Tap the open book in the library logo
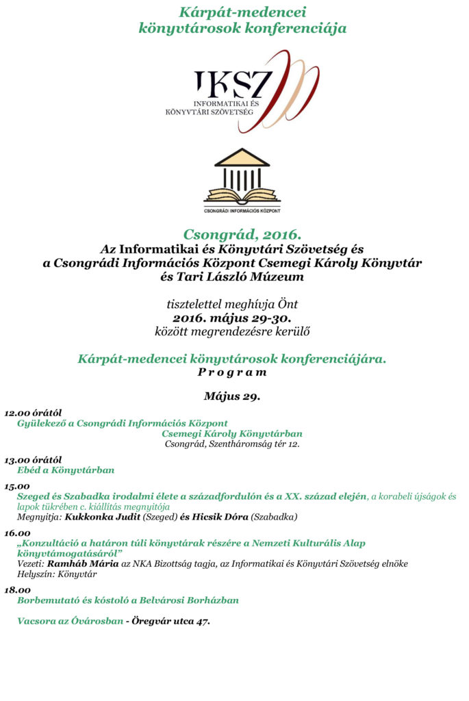pyautogui.click(x=242, y=196)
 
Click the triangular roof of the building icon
pyautogui.click(x=242, y=158)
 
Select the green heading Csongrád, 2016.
pyautogui.click(x=232, y=234)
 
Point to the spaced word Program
pyautogui.click(x=232, y=372)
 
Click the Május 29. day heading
pyautogui.click(x=232, y=396)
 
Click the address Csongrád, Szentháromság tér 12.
pyautogui.click(x=232, y=444)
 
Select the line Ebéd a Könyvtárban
pyautogui.click(x=66, y=470)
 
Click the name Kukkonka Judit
pyautogui.click(x=102, y=517)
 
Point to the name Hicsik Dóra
pyautogui.click(x=221, y=517)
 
